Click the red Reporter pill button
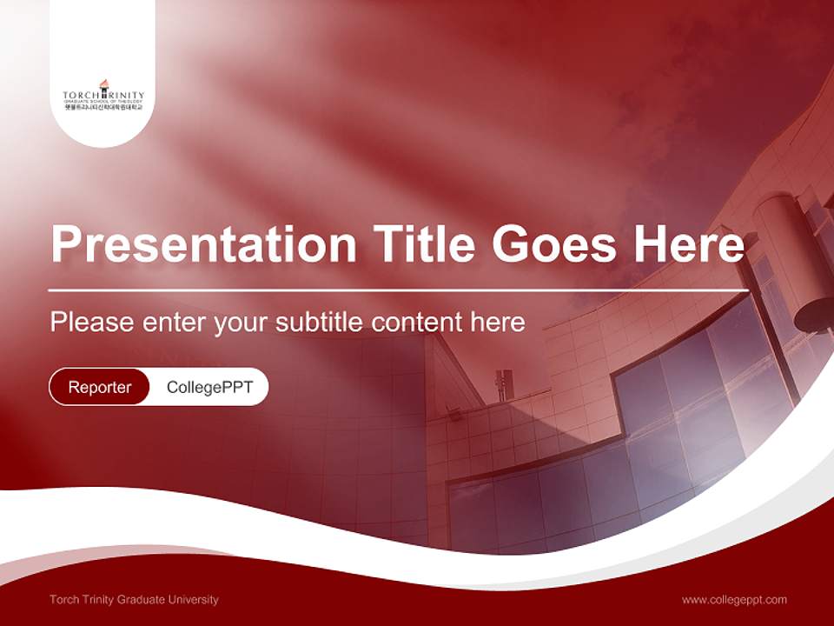[100, 387]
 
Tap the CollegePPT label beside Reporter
[209, 387]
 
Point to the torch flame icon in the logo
[103, 84]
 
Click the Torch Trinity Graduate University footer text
[135, 599]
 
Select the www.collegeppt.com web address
[734, 599]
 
